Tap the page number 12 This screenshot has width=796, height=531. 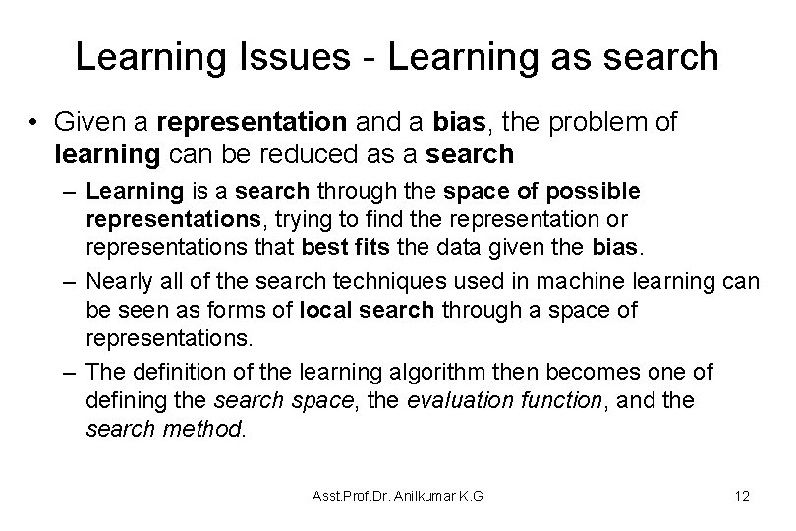pyautogui.click(x=742, y=496)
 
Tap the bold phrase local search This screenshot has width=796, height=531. pyautogui.click(x=371, y=310)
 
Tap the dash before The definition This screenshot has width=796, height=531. pyautogui.click(x=69, y=374)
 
